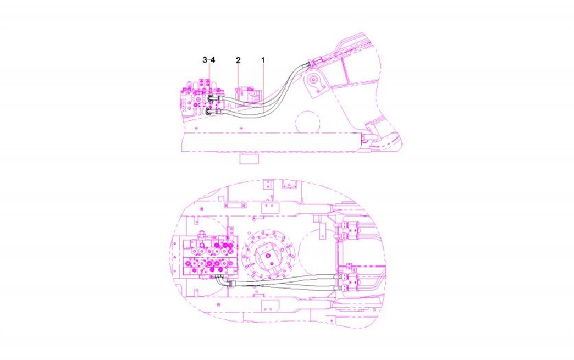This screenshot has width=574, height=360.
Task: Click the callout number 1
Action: [x=262, y=60]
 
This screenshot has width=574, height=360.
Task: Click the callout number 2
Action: [x=238, y=60]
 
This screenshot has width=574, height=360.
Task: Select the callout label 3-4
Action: [x=209, y=60]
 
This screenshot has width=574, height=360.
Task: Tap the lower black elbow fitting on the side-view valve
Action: [x=210, y=112]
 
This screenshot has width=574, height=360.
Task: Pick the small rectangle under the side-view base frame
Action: [x=249, y=158]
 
